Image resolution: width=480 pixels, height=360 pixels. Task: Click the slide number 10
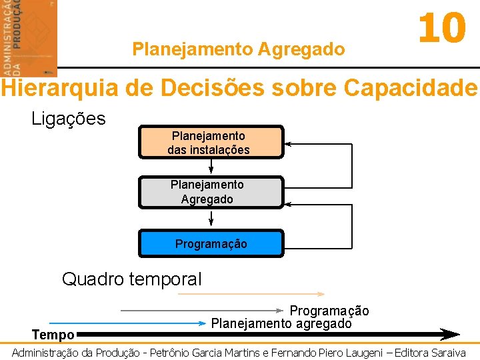pyautogui.click(x=441, y=29)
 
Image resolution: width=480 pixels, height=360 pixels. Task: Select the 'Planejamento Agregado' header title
pyautogui.click(x=239, y=49)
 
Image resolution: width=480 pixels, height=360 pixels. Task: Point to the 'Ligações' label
pyautogui.click(x=69, y=119)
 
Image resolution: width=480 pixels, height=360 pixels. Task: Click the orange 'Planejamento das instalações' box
pyautogui.click(x=211, y=143)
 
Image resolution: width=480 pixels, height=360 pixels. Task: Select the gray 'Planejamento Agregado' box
pyautogui.click(x=211, y=192)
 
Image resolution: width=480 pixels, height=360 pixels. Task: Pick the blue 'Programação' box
pyautogui.click(x=211, y=244)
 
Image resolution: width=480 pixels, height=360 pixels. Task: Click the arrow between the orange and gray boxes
pyautogui.click(x=211, y=167)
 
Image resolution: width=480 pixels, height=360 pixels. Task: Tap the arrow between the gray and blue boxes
pyautogui.click(x=211, y=219)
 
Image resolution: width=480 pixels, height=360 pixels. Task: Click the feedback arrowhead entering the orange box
pyautogui.click(x=289, y=143)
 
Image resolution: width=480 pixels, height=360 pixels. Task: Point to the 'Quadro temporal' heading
pyautogui.click(x=131, y=279)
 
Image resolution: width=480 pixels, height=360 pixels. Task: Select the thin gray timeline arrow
pyautogui.click(x=200, y=311)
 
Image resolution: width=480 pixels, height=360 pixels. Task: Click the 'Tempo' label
pyautogui.click(x=53, y=335)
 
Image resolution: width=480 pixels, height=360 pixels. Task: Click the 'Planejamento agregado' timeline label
pyautogui.click(x=281, y=324)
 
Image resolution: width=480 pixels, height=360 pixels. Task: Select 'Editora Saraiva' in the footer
pyautogui.click(x=431, y=352)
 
